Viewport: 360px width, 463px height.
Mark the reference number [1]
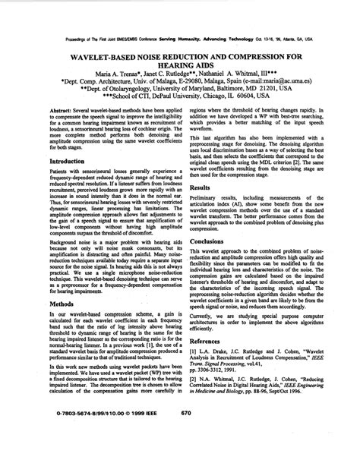pyautogui.click(x=194, y=353)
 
